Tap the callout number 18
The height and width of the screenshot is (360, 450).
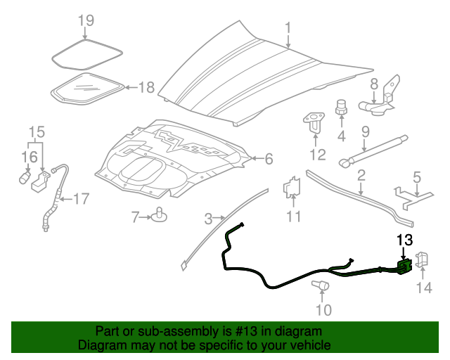click(146, 88)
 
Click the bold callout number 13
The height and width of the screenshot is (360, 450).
click(404, 240)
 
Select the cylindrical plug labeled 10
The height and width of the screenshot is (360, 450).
click(321, 285)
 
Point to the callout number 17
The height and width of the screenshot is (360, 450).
click(82, 199)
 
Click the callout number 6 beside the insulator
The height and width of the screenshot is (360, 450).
click(268, 160)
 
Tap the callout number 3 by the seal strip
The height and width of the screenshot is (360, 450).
click(207, 218)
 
